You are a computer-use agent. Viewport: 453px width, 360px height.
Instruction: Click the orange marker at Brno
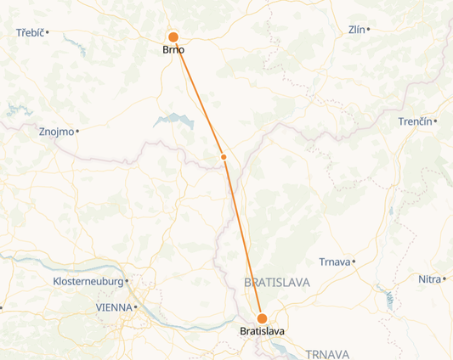[x=173, y=37]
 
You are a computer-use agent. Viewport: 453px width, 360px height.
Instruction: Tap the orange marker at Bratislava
[x=262, y=318]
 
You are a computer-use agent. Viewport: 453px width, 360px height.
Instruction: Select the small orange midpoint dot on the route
[x=224, y=157]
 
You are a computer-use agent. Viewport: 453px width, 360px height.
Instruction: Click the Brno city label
[x=173, y=50]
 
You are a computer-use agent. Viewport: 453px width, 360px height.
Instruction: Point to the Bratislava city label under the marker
[x=263, y=331]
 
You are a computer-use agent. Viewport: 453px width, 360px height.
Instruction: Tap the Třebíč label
[x=30, y=33]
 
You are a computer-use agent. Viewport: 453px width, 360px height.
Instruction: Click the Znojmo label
[x=56, y=132]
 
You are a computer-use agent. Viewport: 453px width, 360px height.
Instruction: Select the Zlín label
[x=357, y=30]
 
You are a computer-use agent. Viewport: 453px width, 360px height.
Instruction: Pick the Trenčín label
[x=415, y=122]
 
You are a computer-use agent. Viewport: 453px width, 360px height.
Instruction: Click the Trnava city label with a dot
[x=334, y=262]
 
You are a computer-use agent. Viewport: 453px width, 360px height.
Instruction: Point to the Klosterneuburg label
[x=88, y=281]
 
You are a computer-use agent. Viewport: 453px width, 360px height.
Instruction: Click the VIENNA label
[x=114, y=307]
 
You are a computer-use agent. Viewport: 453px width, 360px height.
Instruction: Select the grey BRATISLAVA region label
[x=277, y=282]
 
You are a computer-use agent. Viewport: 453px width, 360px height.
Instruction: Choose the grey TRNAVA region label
[x=327, y=353]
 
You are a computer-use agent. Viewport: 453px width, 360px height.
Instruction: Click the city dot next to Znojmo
[x=77, y=132]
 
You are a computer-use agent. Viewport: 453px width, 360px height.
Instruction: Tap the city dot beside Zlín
[x=369, y=30]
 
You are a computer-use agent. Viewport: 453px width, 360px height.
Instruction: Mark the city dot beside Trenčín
[x=435, y=122]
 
